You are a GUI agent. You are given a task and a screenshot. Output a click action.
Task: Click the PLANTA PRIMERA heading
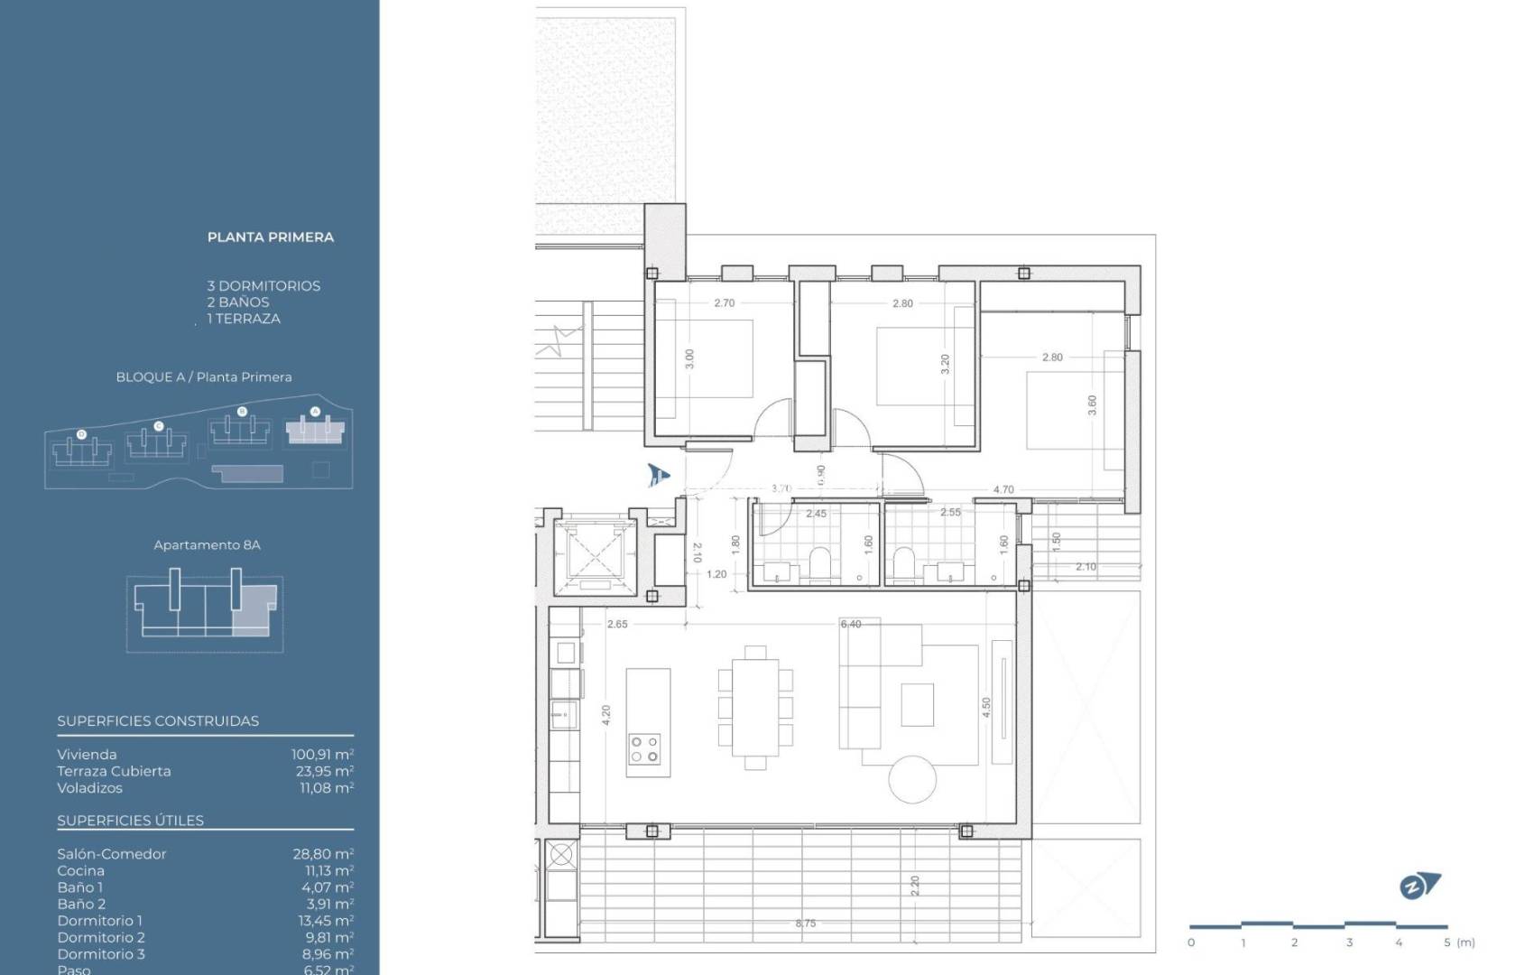pyautogui.click(x=270, y=237)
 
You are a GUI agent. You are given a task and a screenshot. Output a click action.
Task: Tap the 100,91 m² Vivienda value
pyautogui.click(x=322, y=755)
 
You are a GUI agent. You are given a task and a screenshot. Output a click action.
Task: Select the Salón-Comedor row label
pyautogui.click(x=112, y=854)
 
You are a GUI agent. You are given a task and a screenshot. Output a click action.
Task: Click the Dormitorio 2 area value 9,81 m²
pyautogui.click(x=328, y=937)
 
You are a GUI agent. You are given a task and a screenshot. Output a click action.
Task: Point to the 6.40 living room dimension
pyautogui.click(x=850, y=624)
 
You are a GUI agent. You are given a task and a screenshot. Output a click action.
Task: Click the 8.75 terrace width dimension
pyautogui.click(x=805, y=924)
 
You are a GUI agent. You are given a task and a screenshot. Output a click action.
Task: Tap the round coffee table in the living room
pyautogui.click(x=911, y=779)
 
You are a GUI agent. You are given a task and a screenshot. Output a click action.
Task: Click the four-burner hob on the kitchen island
pyautogui.click(x=645, y=748)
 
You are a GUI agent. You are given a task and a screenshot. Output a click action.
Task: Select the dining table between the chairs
pyautogui.click(x=755, y=707)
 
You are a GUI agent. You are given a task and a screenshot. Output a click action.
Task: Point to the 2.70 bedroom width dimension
pyautogui.click(x=724, y=303)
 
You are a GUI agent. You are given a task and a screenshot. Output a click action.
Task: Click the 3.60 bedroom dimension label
pyautogui.click(x=1092, y=405)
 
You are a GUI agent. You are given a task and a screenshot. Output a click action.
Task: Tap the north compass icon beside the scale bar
pyautogui.click(x=1419, y=886)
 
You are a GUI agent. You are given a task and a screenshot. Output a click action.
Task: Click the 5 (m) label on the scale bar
pyautogui.click(x=1458, y=942)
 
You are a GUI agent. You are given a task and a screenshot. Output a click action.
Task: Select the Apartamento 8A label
pyautogui.click(x=207, y=545)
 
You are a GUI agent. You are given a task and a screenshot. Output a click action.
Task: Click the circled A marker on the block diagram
pyautogui.click(x=315, y=412)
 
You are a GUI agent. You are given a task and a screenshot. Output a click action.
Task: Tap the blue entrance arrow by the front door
pyautogui.click(x=659, y=474)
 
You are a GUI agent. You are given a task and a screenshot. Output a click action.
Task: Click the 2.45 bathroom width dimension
pyautogui.click(x=816, y=514)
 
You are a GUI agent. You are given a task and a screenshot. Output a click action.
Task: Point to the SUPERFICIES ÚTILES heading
pyautogui.click(x=130, y=821)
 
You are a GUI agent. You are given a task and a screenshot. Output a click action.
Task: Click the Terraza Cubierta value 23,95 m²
pyautogui.click(x=325, y=771)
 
